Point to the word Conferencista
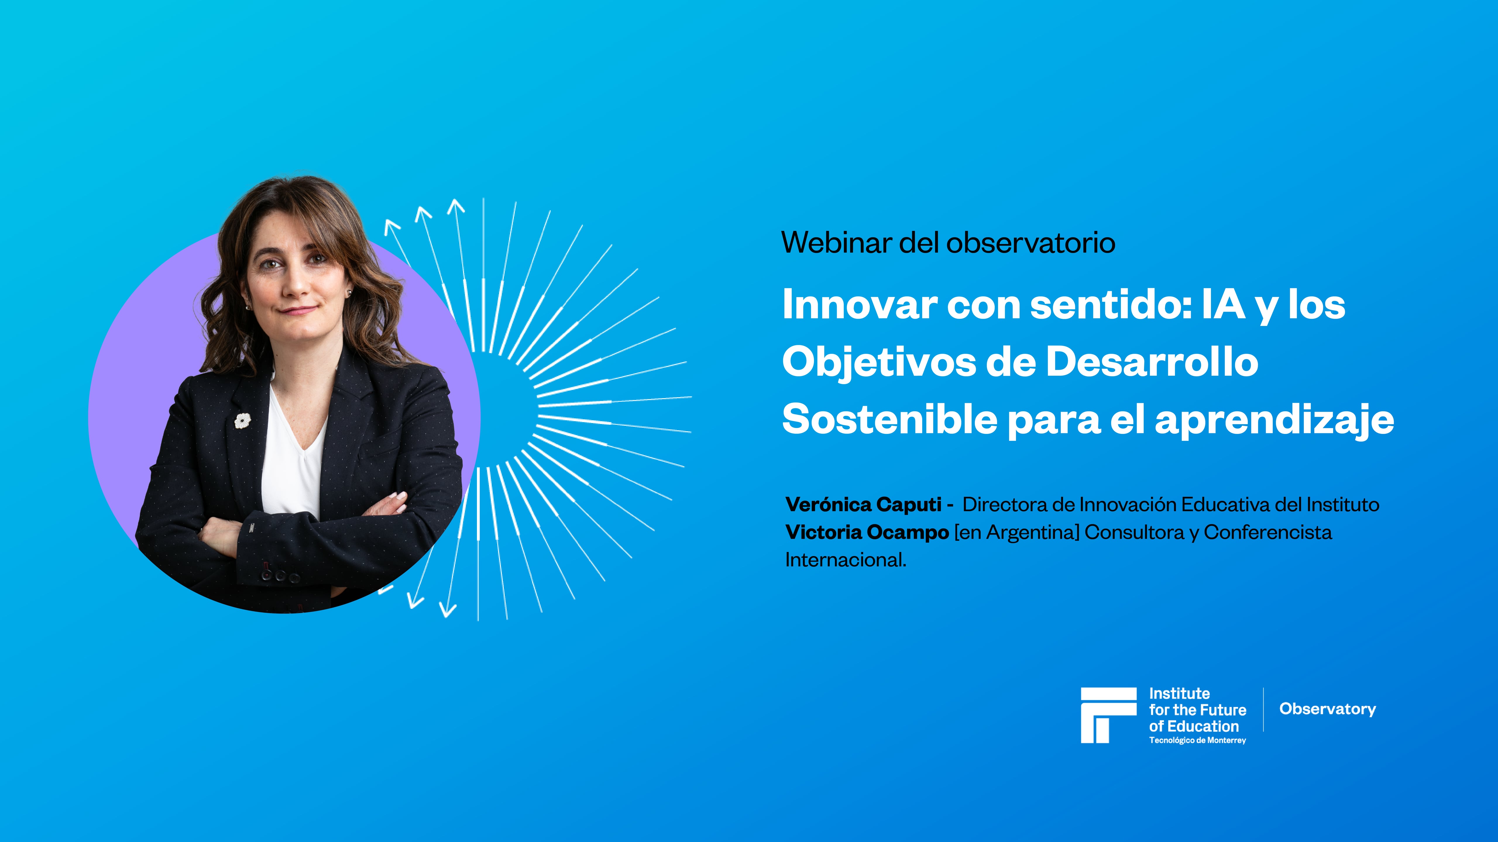click(x=1268, y=532)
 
